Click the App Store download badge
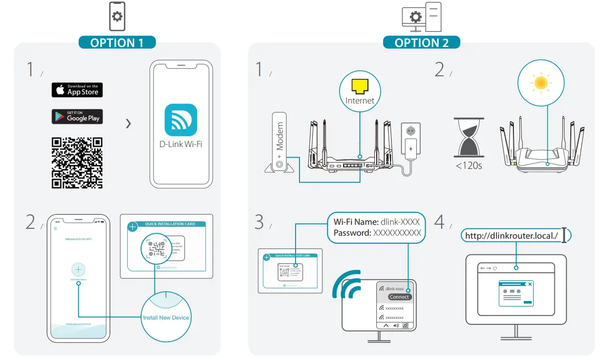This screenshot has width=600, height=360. point(77,90)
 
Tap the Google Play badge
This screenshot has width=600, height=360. point(77,117)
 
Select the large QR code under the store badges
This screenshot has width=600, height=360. point(77,163)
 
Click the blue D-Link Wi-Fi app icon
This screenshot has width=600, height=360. point(181,120)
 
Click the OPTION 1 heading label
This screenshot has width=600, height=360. point(117,43)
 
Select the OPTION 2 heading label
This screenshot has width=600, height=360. point(421,43)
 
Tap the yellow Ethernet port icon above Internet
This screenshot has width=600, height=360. point(360,87)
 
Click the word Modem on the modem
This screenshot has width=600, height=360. point(280,136)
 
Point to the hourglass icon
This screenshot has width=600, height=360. point(468,137)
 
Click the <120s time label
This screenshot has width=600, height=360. point(468,165)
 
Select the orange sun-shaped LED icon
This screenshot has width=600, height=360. point(541,83)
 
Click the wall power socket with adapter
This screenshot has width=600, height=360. point(410,142)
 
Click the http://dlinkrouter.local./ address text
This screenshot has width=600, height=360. point(511,236)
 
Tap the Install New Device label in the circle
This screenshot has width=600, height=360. point(166,317)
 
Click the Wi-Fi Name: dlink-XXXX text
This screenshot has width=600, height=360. point(377,222)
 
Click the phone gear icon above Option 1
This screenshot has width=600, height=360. point(117,17)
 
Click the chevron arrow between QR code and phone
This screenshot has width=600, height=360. point(129,123)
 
